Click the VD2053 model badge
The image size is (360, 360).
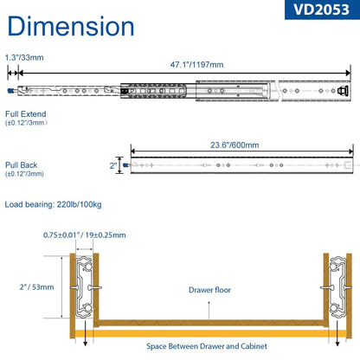[x=322, y=10]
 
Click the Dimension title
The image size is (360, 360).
[x=71, y=26]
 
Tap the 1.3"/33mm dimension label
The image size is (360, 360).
[x=24, y=57]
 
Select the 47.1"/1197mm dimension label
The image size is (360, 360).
[x=196, y=64]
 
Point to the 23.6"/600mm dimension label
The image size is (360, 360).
[x=235, y=145]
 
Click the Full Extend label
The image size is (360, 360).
[x=26, y=114]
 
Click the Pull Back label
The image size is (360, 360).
[x=22, y=165]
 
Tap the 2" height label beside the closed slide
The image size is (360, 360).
[x=113, y=165]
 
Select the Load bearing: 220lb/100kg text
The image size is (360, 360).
[x=53, y=204]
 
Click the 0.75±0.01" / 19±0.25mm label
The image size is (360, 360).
[x=85, y=235]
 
